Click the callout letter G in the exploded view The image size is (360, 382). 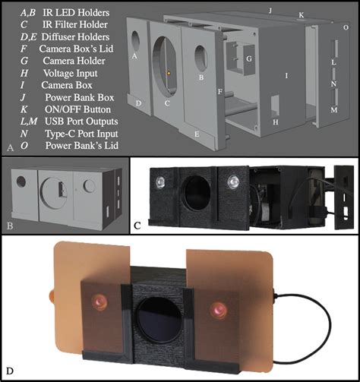pyautogui.click(x=249, y=58)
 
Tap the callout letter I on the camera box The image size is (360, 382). pyautogui.click(x=286, y=76)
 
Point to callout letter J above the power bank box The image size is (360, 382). pyautogui.click(x=270, y=11)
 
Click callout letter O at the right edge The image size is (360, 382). pyautogui.click(x=346, y=27)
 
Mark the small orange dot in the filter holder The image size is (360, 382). pyautogui.click(x=169, y=74)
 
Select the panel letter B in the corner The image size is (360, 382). pyautogui.click(x=10, y=225)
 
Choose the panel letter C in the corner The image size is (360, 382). pyautogui.click(x=137, y=226)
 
